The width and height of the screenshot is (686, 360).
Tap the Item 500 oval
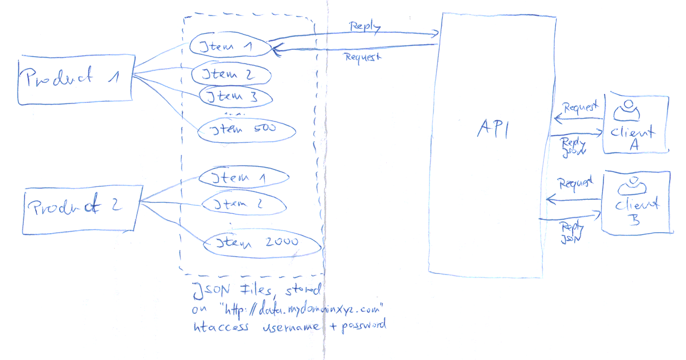tap(246, 131)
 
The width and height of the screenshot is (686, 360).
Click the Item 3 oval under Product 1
tap(236, 97)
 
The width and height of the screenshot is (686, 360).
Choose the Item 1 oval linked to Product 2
tap(244, 178)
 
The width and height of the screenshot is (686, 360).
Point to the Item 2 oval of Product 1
tap(231, 75)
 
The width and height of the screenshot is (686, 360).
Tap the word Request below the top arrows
tap(363, 57)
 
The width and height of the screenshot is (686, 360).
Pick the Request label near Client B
tap(576, 183)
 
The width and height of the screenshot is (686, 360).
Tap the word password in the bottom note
tap(362, 326)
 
